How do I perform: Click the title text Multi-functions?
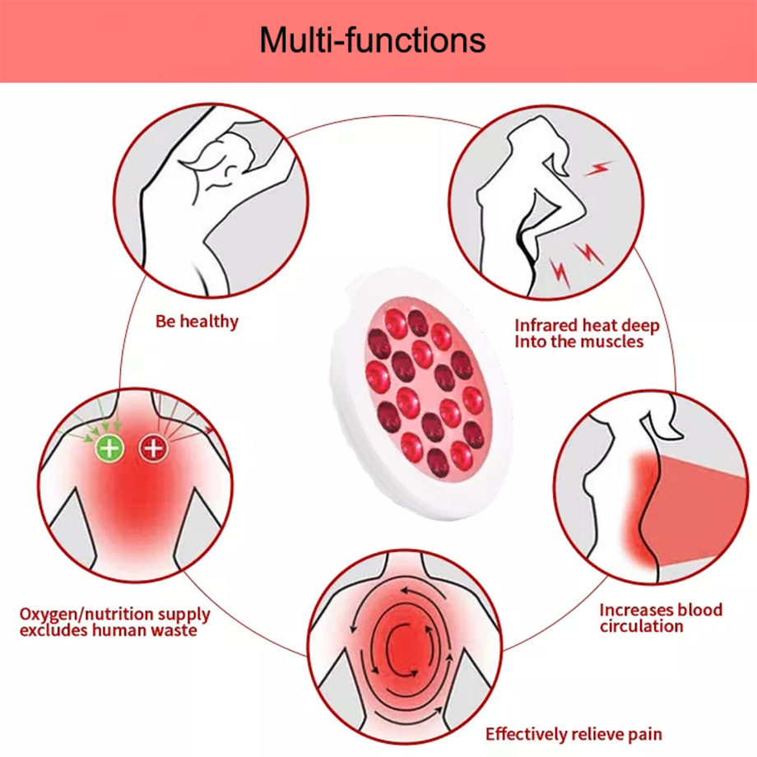[x=372, y=39]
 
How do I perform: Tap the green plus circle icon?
[x=109, y=448]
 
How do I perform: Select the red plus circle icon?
[x=154, y=448]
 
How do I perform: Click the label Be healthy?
[x=197, y=322]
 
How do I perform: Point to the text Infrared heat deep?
[x=587, y=326]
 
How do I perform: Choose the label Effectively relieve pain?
[x=574, y=734]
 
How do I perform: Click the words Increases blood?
[x=661, y=610]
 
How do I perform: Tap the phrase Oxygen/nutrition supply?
[x=115, y=615]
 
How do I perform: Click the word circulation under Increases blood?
[x=642, y=627]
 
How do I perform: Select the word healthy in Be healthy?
[x=209, y=322]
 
